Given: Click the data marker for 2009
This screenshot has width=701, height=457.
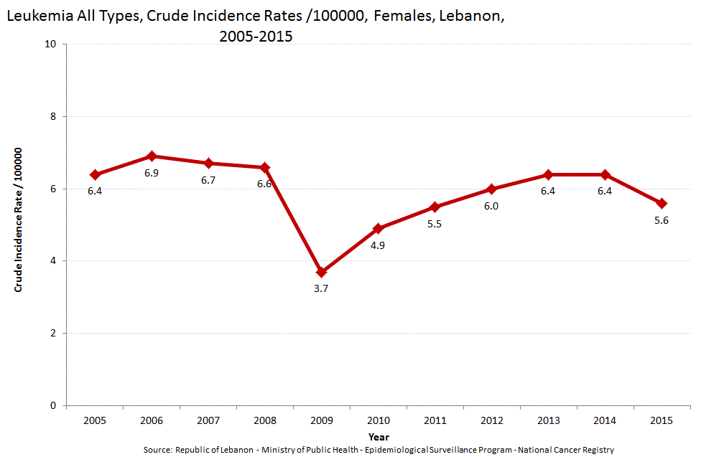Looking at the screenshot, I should pos(321,272).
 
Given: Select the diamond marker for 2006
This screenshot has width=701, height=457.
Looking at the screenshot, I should pos(152,156).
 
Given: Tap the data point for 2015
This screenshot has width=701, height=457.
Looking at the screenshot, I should pos(661,203).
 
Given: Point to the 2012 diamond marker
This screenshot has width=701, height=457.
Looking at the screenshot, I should pos(492,189).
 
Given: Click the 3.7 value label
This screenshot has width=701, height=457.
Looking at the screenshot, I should pos(321,288).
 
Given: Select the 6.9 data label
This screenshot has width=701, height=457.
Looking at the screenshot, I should pos(152,173).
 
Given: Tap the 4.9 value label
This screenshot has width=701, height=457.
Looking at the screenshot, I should pos(378,245).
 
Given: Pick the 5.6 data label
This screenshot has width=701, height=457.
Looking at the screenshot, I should pos(661,220).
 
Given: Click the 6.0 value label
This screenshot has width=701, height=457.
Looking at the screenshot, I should pos(491,206).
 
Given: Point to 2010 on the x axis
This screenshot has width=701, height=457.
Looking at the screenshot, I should pos(378,420).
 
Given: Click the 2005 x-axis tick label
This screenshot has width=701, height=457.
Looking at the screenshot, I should pos(95,420).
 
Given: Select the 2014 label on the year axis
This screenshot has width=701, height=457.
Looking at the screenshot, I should pos(605,420).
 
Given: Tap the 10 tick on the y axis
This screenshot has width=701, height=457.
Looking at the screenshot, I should pos(50,44).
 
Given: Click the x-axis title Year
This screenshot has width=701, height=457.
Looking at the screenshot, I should pos(379,436).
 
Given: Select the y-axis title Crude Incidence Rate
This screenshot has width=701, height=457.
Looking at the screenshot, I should pos(19,220).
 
